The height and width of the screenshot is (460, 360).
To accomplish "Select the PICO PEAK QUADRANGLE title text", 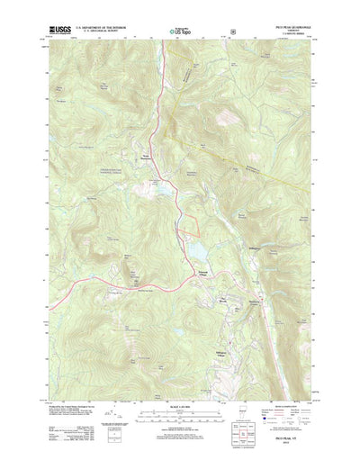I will (x=300, y=29).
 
